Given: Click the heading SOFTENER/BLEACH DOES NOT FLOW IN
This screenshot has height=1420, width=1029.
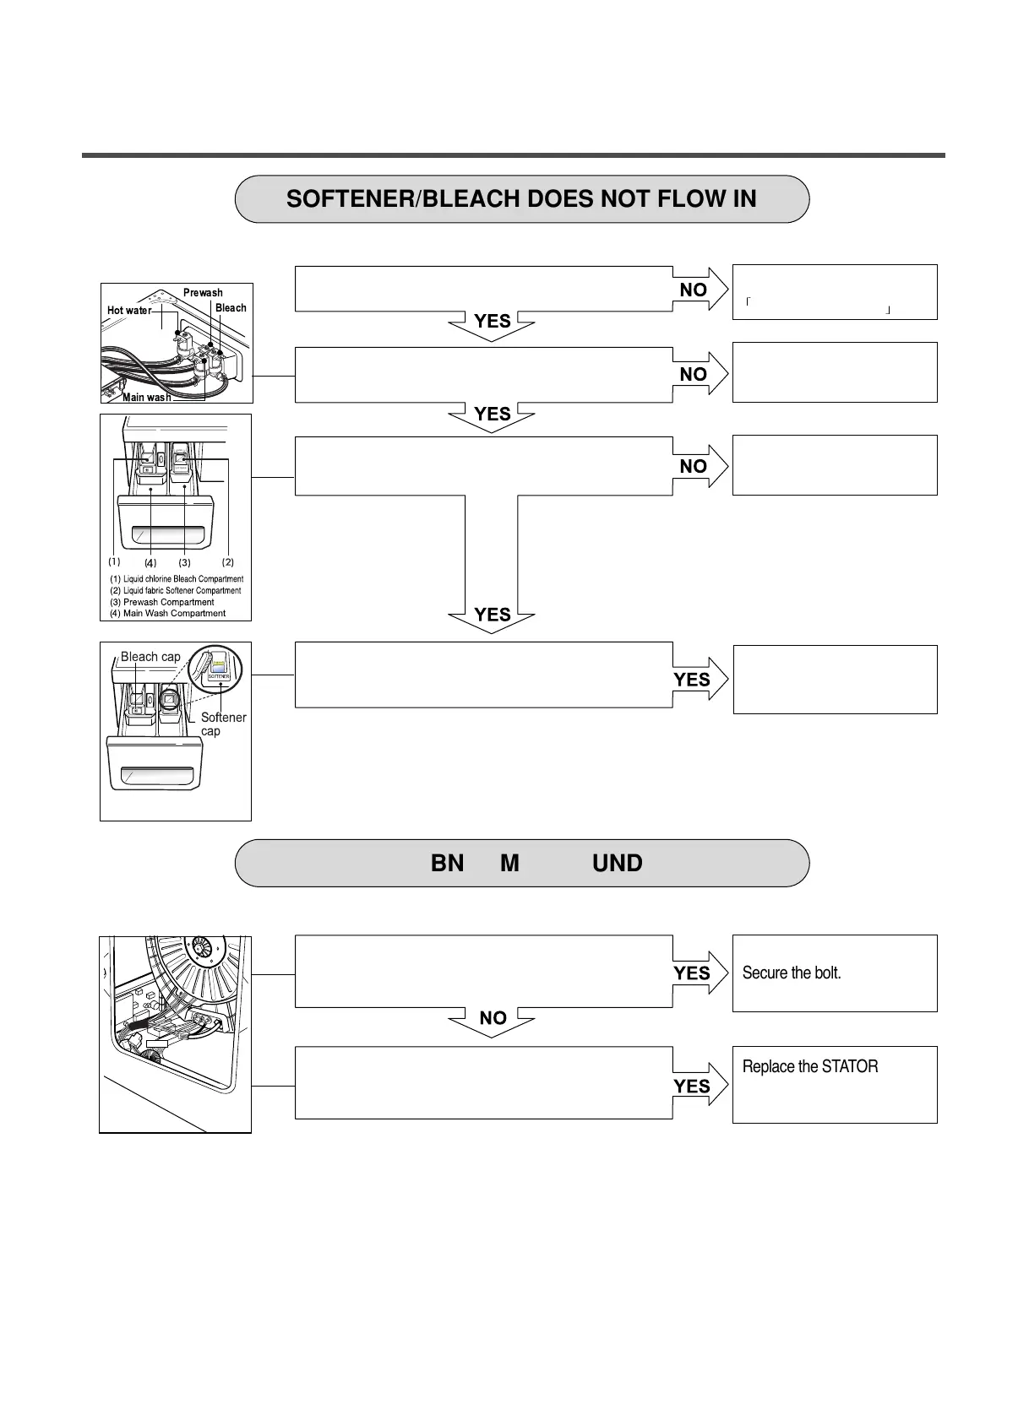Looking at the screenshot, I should coord(521,199).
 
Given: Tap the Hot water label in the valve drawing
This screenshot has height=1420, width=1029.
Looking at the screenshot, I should coord(129,311).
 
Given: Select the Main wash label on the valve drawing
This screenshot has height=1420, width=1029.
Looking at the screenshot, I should coord(146,397).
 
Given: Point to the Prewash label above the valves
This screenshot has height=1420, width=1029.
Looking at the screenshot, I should coord(203,293).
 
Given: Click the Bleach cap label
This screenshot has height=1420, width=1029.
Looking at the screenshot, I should coord(150,657).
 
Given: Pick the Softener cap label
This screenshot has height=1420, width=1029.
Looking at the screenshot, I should coord(222,724).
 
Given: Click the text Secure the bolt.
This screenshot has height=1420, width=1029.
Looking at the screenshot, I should coord(792,973).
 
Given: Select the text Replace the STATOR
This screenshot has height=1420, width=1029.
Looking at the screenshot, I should coord(809,1066).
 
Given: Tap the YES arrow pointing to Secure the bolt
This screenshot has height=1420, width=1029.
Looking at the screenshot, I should coord(696,973).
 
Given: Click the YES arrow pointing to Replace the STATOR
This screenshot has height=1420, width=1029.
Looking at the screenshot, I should coord(696,1087).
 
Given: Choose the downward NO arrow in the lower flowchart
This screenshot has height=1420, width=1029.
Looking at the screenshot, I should coord(493,1020).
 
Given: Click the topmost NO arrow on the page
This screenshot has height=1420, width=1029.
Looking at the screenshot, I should coord(697,290).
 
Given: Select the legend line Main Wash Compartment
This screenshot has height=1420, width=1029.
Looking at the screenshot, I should coord(173,613).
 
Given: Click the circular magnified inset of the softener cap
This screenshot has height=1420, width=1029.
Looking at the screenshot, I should coord(215,669).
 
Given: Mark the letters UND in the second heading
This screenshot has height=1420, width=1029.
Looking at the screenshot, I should coord(618,863).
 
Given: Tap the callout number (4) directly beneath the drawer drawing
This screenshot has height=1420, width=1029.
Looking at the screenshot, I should coord(150,562).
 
